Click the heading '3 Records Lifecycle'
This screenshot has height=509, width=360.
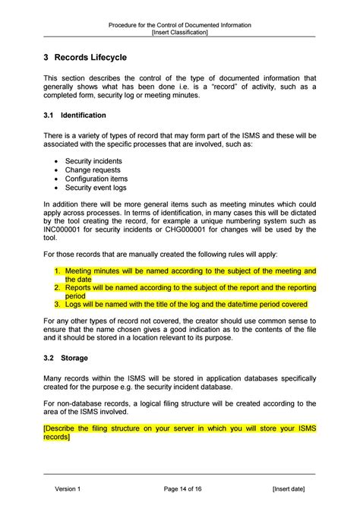85,57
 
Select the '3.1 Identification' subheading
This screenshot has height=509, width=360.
74,115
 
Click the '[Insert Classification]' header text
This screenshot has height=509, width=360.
180,33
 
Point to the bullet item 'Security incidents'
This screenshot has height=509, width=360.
93,162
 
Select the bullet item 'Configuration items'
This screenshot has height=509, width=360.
96,179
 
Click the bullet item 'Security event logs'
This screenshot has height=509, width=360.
96,187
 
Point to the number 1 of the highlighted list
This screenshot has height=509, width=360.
57,270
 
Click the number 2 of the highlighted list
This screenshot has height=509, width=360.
57,288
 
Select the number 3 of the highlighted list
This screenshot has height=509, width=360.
57,304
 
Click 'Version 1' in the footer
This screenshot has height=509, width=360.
67,488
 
